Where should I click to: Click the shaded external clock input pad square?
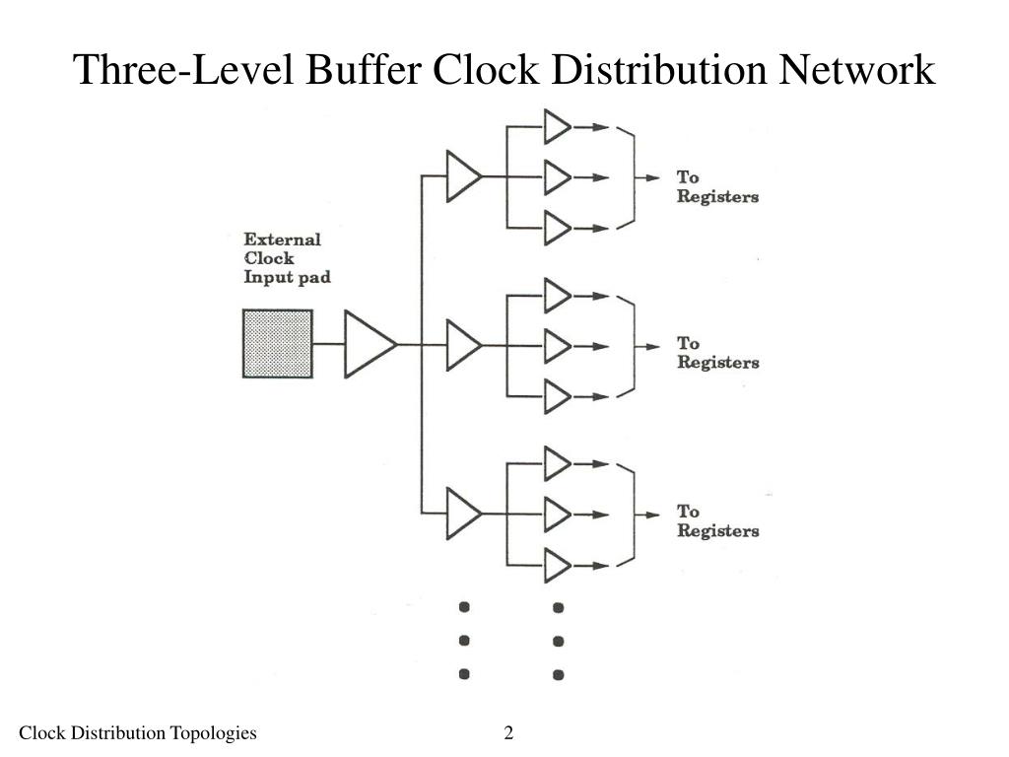[278, 344]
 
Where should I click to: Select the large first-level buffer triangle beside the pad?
[368, 344]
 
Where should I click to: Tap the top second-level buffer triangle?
[462, 177]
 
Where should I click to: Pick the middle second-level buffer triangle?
[462, 344]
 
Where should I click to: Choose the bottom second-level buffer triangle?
[462, 513]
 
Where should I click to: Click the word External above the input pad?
[282, 240]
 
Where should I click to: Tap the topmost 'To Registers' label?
[716, 186]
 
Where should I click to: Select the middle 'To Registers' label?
[716, 353]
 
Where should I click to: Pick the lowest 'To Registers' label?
[716, 521]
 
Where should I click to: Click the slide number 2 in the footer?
[508, 732]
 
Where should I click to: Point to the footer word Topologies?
[213, 732]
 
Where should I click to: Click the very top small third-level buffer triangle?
[557, 126]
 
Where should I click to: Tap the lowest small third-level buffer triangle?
[557, 566]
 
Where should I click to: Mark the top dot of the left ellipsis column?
[464, 606]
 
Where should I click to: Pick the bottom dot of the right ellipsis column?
[558, 675]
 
